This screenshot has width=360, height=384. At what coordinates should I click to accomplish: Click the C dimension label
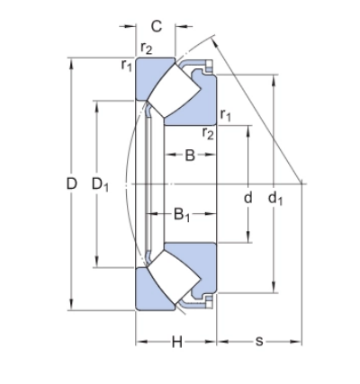(157, 25)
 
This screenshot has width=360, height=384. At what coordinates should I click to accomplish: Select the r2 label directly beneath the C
(147, 49)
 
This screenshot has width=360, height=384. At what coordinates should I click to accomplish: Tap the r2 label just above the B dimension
(208, 133)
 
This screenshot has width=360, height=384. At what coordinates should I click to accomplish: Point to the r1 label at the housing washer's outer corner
(127, 64)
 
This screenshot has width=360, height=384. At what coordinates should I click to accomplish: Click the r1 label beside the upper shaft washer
(225, 114)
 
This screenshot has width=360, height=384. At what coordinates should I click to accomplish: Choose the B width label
(190, 156)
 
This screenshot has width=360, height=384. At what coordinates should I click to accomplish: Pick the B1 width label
(182, 214)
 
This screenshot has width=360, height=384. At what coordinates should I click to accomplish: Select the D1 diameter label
(100, 184)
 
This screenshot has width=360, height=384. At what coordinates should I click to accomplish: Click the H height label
(176, 342)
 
